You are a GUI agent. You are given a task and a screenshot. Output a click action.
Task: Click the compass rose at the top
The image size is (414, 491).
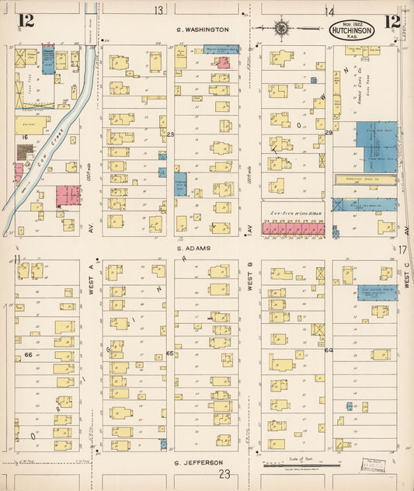(x=281, y=30)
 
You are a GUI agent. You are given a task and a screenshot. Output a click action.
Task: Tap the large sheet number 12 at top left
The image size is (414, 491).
(x=25, y=21)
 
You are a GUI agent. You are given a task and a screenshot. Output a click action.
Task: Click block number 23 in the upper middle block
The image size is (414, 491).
(x=170, y=134)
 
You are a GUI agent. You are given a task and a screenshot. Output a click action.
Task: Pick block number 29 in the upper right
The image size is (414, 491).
(x=329, y=134)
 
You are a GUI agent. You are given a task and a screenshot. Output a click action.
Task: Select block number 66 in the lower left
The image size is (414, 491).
(x=28, y=354)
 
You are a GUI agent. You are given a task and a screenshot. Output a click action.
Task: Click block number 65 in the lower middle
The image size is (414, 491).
(x=169, y=353)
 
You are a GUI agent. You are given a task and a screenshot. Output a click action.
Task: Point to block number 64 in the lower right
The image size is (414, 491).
(x=329, y=350)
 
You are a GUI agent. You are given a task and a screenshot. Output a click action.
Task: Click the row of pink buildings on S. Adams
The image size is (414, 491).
(x=292, y=228)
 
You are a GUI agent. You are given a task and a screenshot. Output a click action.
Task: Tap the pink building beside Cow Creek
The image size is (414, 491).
(x=67, y=196)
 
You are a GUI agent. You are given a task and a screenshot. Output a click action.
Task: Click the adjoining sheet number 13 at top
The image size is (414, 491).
(x=159, y=10)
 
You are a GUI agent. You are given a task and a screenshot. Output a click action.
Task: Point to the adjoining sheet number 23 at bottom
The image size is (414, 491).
(x=224, y=473)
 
